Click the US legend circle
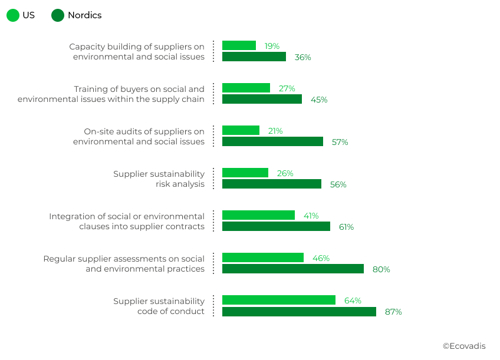(x=13, y=15)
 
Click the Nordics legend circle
(x=58, y=15)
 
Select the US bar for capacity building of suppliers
(x=239, y=45)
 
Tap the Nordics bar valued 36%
(x=254, y=57)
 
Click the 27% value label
(x=287, y=88)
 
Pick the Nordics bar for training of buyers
(x=262, y=99)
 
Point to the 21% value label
(x=275, y=131)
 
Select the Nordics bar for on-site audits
(x=272, y=141)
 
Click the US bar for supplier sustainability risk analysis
(x=245, y=173)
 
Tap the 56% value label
(x=338, y=184)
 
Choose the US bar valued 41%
(x=258, y=215)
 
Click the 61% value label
(x=346, y=227)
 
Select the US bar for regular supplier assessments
(x=263, y=257)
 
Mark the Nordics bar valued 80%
(x=293, y=269)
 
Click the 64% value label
(x=353, y=300)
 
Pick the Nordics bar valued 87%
(x=299, y=312)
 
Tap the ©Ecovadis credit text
(x=464, y=346)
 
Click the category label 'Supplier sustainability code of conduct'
(x=159, y=306)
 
